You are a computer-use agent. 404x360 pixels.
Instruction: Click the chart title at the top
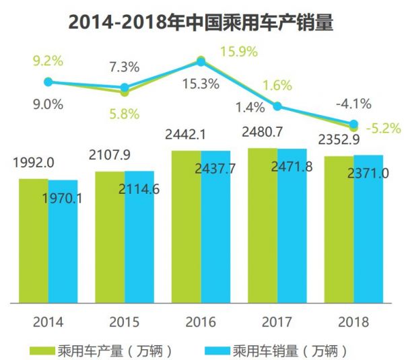pos(201,22)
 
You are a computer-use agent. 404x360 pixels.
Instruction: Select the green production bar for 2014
pos(33,242)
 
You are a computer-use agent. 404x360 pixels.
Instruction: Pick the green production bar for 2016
pos(187,229)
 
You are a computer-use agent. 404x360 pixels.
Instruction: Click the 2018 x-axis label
pos(353,322)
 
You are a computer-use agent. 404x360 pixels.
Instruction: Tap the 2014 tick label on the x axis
pos(48,322)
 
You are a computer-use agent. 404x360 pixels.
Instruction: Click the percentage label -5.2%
pos(383,127)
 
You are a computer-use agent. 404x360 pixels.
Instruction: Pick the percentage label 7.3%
pos(125,67)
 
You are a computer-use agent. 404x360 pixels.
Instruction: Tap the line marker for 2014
pos(48,82)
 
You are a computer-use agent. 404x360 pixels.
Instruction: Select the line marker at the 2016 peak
pos(200,61)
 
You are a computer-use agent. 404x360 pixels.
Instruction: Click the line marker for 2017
pos(277,106)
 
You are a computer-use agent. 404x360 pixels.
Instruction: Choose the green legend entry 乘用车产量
pos(101,350)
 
